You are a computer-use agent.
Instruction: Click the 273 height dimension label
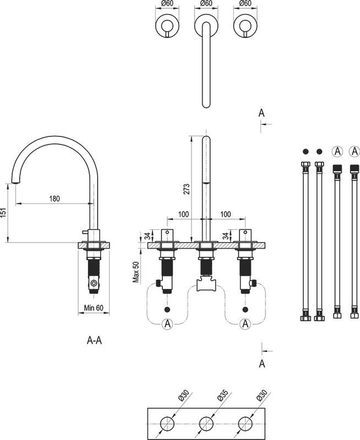coord(187,189)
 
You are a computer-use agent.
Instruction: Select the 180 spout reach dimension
coord(54,199)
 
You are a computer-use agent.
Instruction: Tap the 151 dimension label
coord(3,213)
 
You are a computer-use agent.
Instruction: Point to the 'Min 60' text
coord(94,308)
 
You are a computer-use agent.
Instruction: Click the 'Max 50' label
coord(136,272)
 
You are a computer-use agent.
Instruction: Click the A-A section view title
coord(94,340)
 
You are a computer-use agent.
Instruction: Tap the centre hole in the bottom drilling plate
coord(206,424)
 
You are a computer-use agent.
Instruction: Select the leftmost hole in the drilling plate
coord(167,424)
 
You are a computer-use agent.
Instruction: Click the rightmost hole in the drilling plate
coord(245,424)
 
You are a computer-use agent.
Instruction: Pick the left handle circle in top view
coord(167,26)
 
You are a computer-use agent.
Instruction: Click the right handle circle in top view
coord(245,26)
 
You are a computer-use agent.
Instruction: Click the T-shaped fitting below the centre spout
coord(206,283)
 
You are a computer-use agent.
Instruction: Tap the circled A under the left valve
coord(167,324)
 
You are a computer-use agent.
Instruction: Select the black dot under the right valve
coord(245,310)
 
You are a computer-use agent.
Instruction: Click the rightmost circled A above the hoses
coord(354,152)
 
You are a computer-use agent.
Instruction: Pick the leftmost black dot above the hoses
coord(306,152)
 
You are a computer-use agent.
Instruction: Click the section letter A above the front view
coord(261,113)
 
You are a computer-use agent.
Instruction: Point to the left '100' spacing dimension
coord(184,215)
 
